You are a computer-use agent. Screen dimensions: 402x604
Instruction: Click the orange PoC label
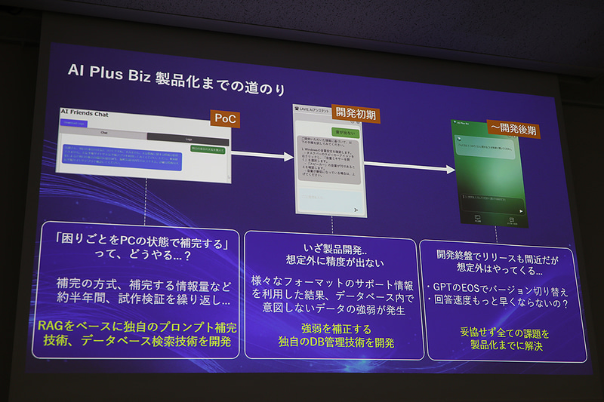(x=224, y=119)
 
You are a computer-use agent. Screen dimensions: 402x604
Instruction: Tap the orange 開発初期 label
(x=353, y=115)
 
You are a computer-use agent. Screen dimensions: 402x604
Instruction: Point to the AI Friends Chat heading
(x=85, y=114)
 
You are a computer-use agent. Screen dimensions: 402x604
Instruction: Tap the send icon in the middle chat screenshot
(x=355, y=209)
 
